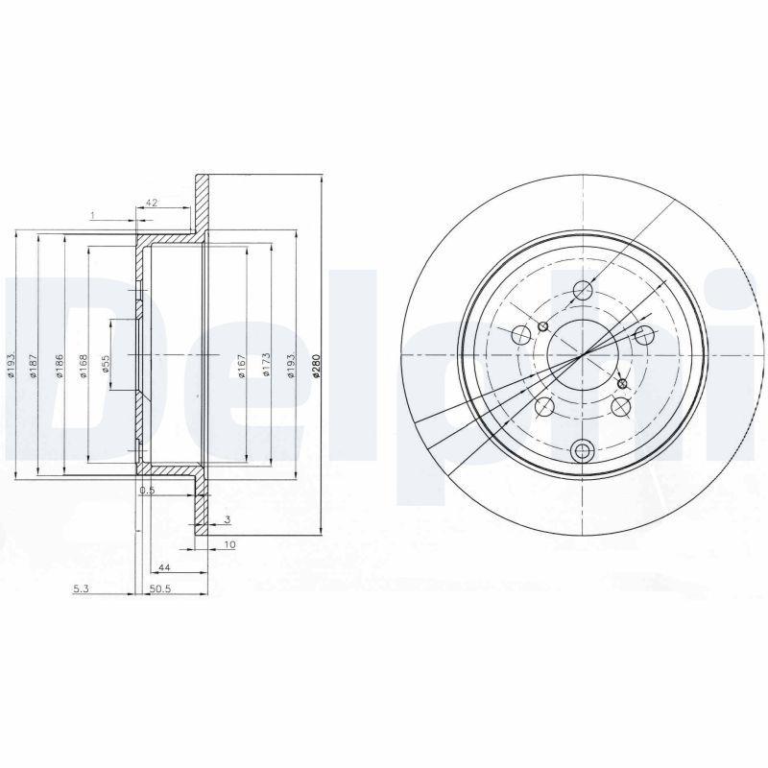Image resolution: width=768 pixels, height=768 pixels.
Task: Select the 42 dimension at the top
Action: (151, 203)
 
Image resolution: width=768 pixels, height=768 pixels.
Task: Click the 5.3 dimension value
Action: (81, 590)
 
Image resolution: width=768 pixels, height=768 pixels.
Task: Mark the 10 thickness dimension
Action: (230, 544)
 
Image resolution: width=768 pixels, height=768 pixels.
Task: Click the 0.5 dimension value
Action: (147, 491)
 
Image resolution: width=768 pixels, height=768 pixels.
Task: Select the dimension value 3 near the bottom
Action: (227, 519)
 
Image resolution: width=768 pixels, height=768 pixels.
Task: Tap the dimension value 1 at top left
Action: (92, 215)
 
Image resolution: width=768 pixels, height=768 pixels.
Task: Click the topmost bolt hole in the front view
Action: (582, 290)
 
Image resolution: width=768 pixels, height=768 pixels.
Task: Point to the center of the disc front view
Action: (582, 356)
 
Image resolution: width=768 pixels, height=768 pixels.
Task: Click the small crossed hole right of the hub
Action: (622, 384)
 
